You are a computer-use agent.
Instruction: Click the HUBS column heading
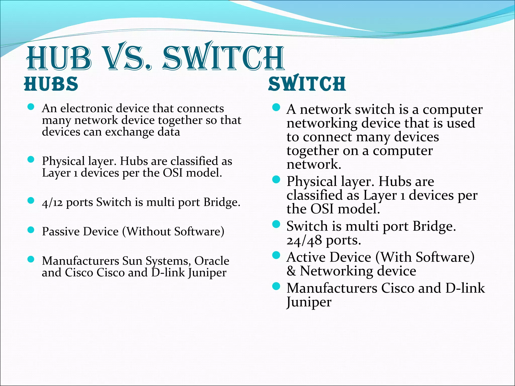51,84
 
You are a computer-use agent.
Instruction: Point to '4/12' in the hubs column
52,203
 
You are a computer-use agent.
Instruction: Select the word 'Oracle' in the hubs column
212,261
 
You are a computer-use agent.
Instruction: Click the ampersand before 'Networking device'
291,271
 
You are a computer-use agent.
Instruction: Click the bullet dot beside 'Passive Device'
31,230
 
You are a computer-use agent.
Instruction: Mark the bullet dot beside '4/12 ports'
31,201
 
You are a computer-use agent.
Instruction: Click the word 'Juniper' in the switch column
309,302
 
